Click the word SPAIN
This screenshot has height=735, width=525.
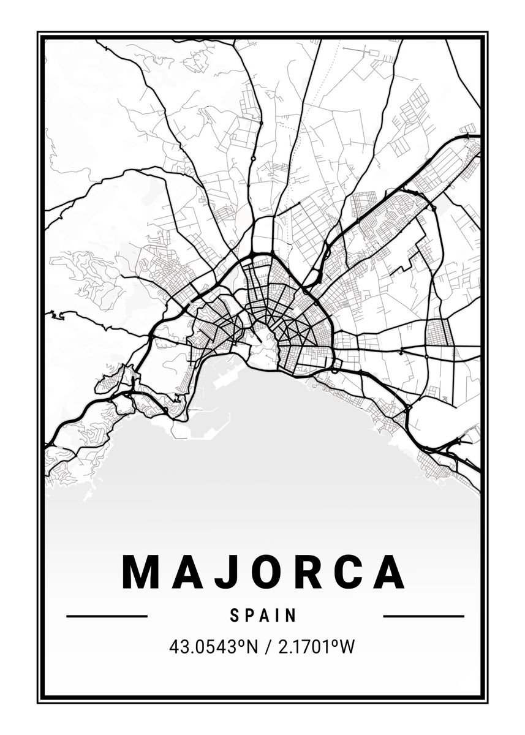point(263,616)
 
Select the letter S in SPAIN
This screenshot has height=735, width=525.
point(235,616)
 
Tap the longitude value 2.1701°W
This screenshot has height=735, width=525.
point(316,647)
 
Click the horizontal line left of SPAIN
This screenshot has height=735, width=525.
point(107,616)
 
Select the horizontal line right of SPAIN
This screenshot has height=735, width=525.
point(423,616)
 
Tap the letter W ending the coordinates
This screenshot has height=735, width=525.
point(347,647)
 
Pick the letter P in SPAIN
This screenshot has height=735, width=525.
point(250,616)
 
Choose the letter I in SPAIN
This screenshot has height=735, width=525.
point(279,616)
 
